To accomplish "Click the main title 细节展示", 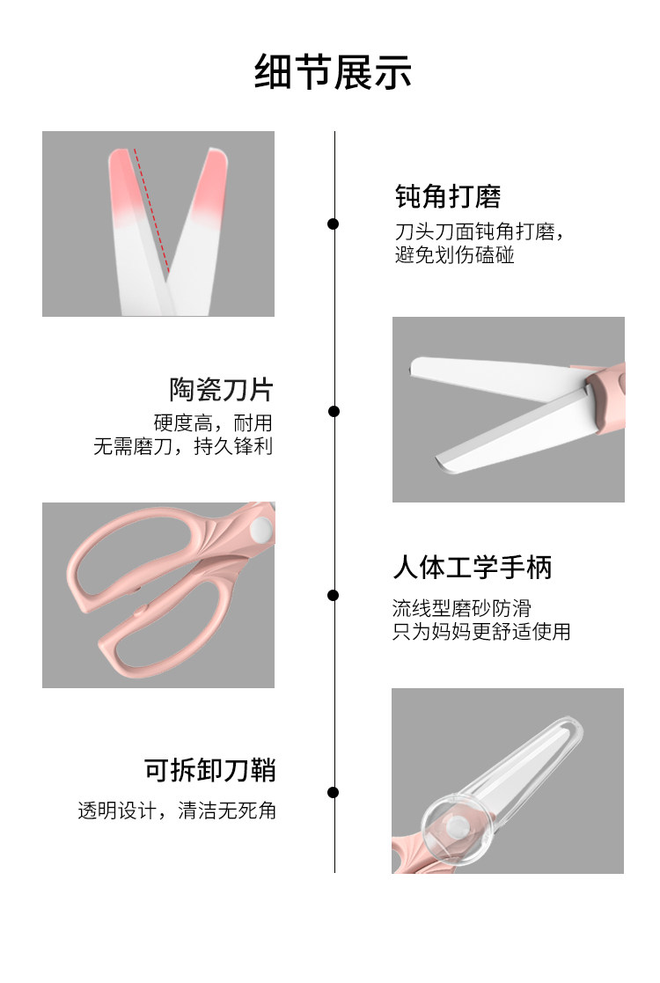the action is click(333, 72).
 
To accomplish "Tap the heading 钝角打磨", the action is click(448, 196).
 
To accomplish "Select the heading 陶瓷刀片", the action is click(221, 389).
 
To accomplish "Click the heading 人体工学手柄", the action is click(472, 568).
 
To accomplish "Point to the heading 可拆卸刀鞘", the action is click(210, 770).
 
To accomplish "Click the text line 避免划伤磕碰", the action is click(454, 256).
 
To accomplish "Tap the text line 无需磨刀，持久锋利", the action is click(183, 446).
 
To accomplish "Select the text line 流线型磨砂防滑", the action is click(461, 608).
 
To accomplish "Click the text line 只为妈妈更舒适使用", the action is click(480, 631).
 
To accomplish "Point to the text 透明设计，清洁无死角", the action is click(177, 811).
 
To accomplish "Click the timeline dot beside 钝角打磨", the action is click(334, 224).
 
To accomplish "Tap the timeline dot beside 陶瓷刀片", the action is click(334, 411).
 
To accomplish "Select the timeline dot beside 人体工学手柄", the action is click(334, 595).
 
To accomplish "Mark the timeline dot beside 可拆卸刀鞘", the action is click(334, 792).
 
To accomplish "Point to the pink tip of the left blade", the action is click(124, 180).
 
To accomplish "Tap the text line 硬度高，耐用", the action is click(213, 422).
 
